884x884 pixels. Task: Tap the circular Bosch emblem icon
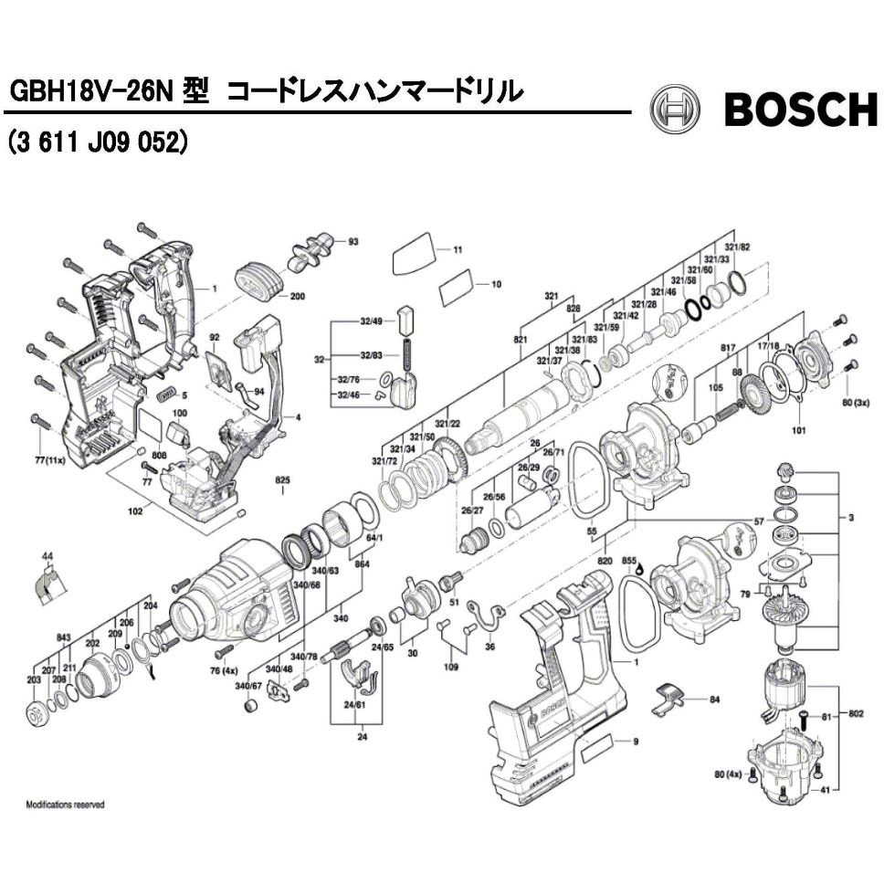click(674, 110)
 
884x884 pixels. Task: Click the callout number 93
click(353, 242)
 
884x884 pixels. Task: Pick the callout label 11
click(458, 248)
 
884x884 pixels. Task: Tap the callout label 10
click(496, 284)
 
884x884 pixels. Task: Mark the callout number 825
click(282, 479)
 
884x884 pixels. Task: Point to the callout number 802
click(856, 712)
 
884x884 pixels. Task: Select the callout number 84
click(715, 699)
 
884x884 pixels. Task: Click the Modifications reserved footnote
click(65, 805)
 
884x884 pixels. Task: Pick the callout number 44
click(47, 553)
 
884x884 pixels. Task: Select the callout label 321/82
click(737, 247)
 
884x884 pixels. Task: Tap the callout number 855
click(628, 558)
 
